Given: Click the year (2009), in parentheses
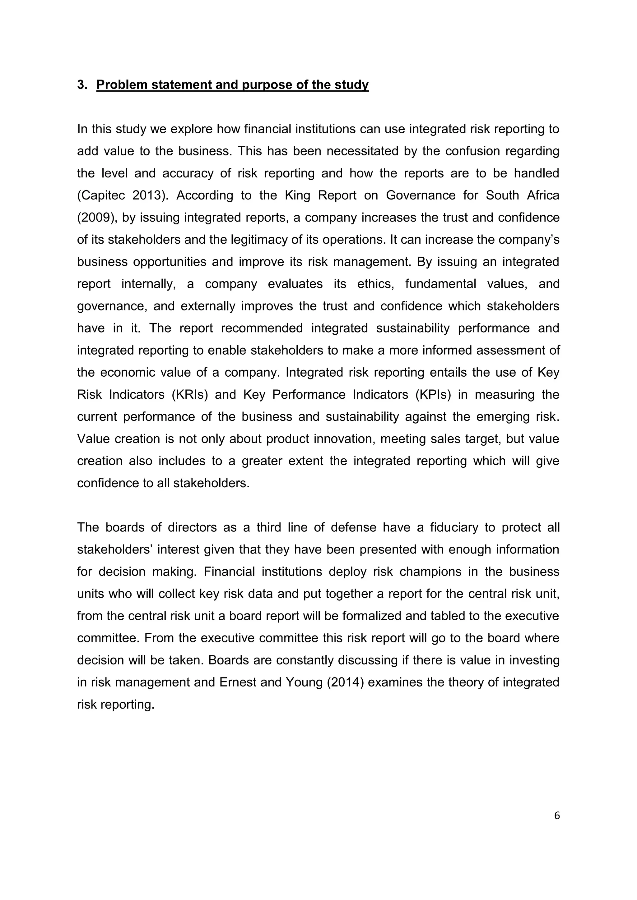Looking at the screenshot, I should [97, 218].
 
